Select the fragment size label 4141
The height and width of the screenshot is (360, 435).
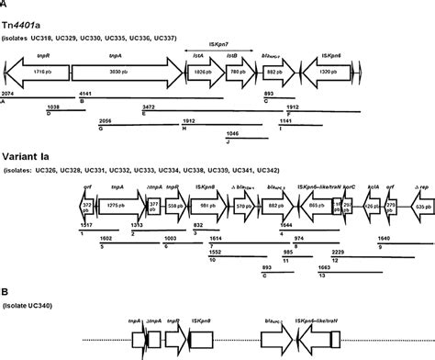(87, 95)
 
